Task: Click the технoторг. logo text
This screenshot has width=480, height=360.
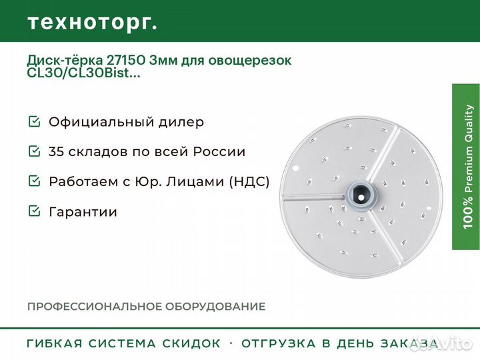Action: click(x=93, y=23)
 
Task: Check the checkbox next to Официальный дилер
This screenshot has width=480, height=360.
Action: click(x=34, y=121)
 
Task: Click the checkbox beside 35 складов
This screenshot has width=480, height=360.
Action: click(x=34, y=151)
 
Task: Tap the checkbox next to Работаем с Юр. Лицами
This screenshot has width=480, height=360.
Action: click(x=34, y=181)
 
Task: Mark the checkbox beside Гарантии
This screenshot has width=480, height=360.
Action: click(x=34, y=211)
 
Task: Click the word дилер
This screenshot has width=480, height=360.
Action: click(x=181, y=122)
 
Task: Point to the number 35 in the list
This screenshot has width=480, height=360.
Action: click(x=56, y=151)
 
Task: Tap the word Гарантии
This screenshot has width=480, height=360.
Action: click(x=83, y=212)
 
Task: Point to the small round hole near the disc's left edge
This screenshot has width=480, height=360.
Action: click(x=295, y=169)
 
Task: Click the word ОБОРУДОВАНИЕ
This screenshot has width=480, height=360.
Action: click(x=215, y=307)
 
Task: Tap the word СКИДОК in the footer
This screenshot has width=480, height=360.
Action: click(x=191, y=343)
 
